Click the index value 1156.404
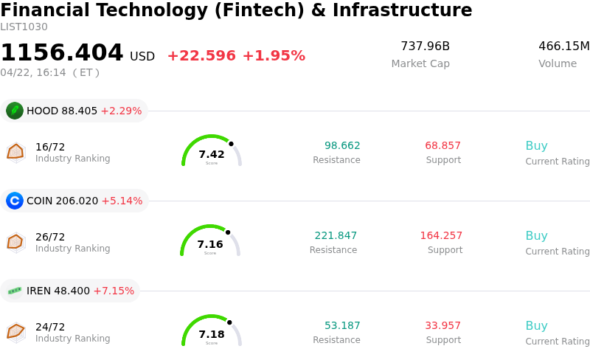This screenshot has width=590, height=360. [x=62, y=53]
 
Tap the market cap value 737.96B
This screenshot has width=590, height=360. [x=425, y=46]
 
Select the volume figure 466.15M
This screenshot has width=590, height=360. [x=563, y=46]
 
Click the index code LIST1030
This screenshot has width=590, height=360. [x=24, y=27]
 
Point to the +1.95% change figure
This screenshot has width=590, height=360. [x=274, y=56]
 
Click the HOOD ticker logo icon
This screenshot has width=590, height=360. [x=15, y=111]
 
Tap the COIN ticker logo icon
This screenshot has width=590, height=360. [x=15, y=201]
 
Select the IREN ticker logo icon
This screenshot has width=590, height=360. [x=15, y=291]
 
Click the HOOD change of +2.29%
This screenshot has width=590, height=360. [x=121, y=111]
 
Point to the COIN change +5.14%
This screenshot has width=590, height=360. [x=122, y=201]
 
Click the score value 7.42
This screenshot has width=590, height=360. [x=212, y=154]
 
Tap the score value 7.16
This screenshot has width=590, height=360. [x=210, y=244]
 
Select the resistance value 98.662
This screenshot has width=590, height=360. [x=342, y=146]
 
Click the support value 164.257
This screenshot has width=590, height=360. [x=441, y=236]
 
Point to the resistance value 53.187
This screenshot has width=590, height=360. [x=342, y=326]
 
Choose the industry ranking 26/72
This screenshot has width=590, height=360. [x=50, y=237]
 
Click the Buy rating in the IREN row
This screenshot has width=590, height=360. [x=536, y=326]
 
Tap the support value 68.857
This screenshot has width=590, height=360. [x=442, y=146]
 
